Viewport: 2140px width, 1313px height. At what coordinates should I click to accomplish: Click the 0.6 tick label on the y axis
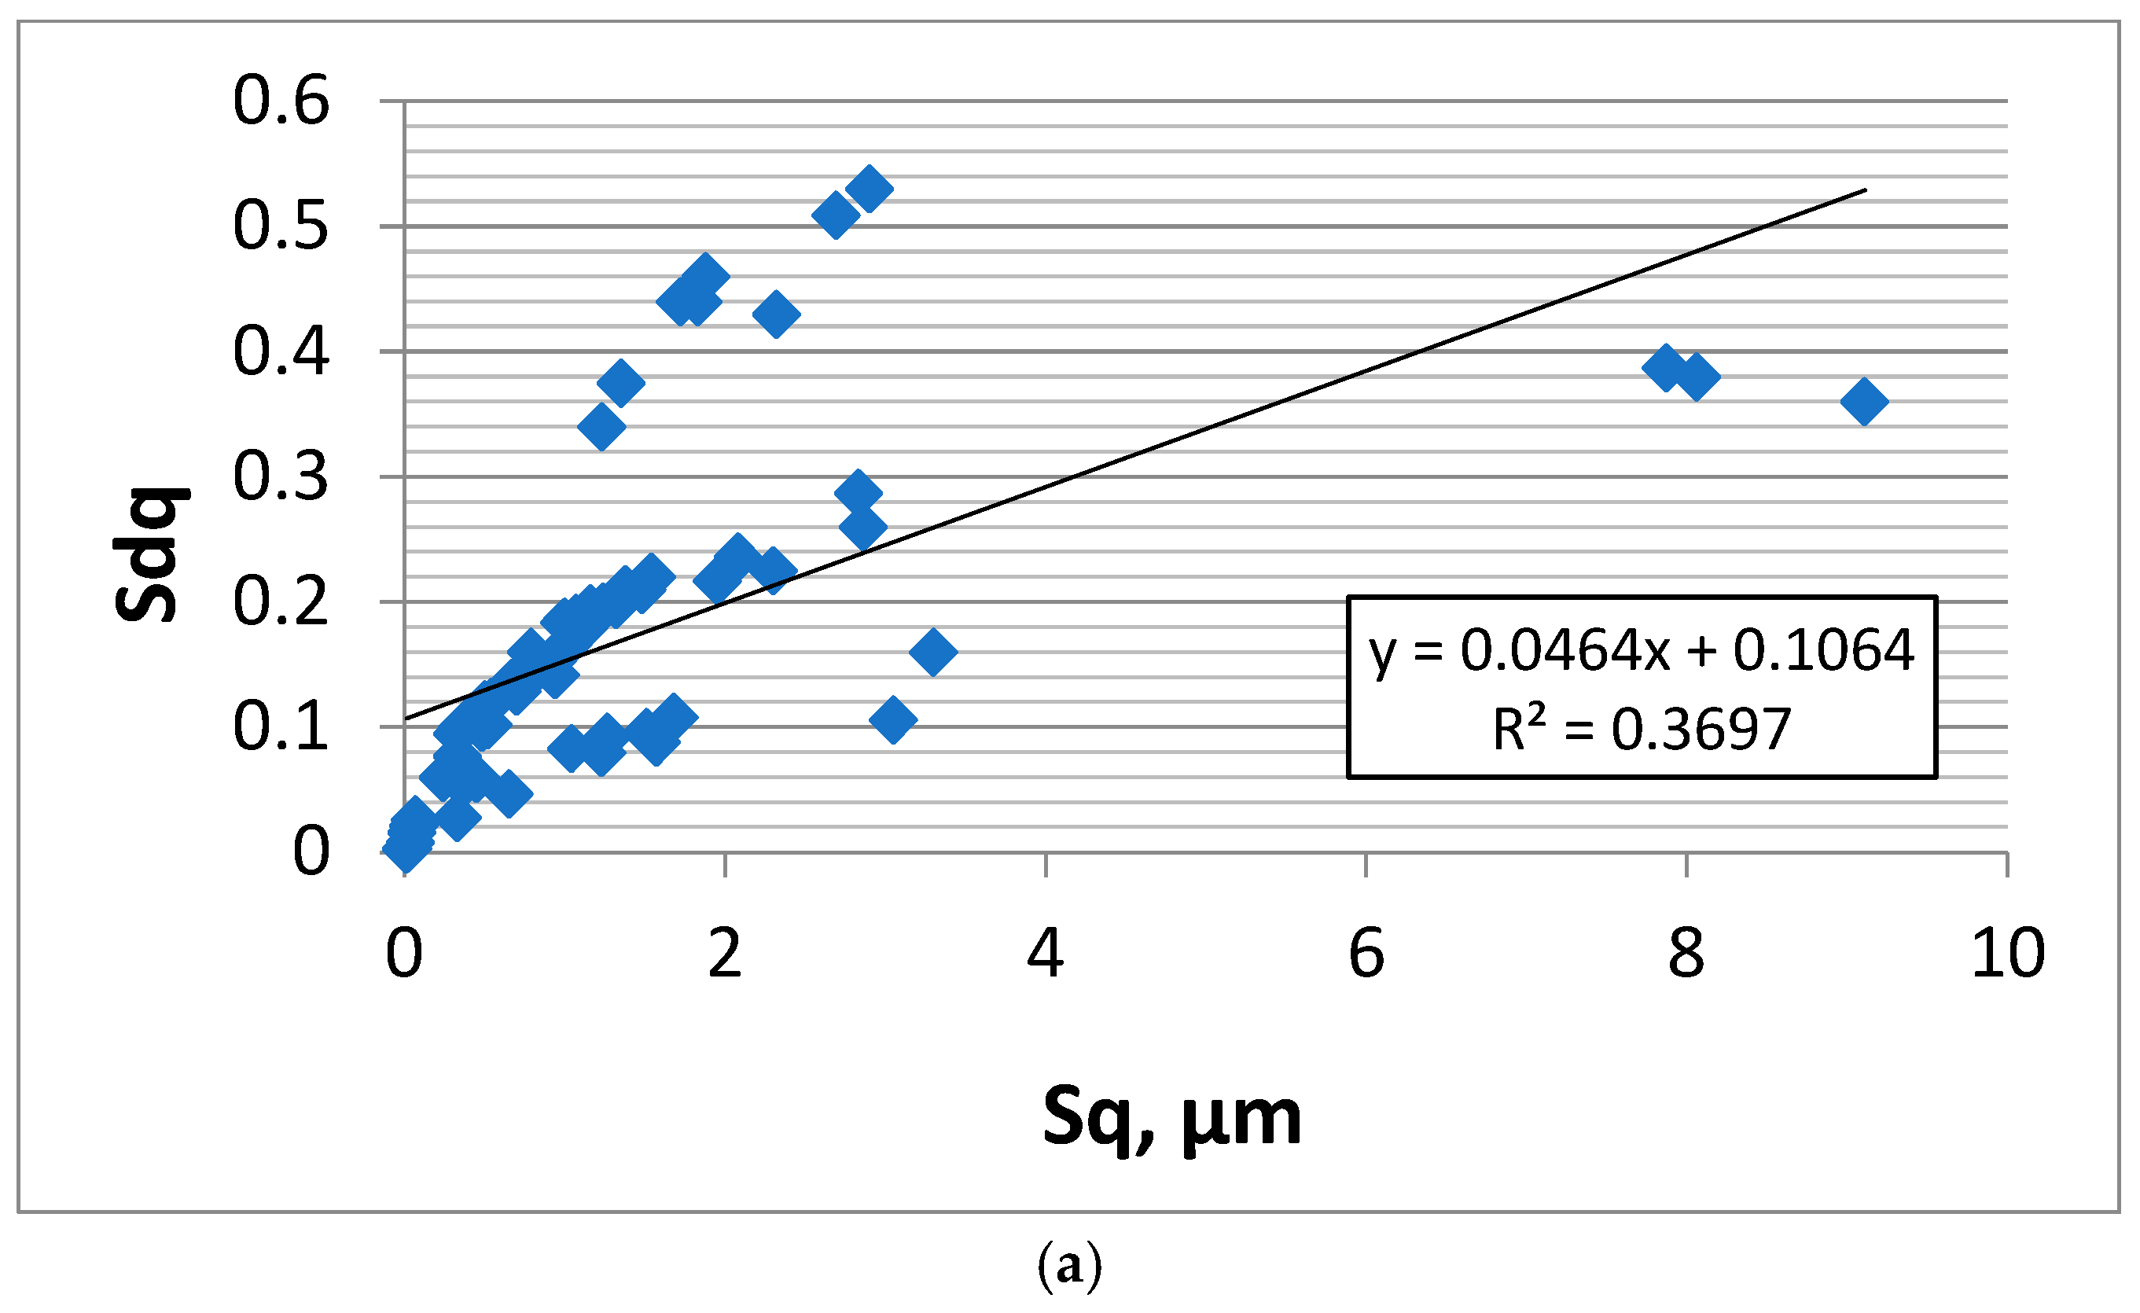(281, 101)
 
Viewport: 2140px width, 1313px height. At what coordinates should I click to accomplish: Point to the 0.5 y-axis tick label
(281, 226)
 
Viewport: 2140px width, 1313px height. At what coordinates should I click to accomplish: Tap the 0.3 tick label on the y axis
(281, 476)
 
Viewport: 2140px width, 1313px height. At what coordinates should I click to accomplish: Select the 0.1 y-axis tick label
(281, 726)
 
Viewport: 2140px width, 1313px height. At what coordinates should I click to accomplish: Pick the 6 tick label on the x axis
(1366, 954)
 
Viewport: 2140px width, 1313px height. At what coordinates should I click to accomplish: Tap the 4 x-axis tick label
(1046, 954)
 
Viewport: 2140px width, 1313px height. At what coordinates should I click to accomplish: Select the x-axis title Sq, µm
(1171, 1120)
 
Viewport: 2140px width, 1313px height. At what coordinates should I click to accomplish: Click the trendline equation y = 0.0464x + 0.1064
(1642, 649)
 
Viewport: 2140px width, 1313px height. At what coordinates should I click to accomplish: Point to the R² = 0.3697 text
(1642, 729)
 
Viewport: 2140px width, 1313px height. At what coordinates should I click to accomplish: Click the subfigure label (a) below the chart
(1069, 1267)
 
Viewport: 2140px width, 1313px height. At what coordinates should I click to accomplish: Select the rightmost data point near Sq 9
(1864, 402)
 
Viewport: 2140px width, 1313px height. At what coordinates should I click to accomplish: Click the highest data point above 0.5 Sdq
(870, 189)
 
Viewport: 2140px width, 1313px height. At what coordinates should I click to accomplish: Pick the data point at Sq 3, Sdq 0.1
(893, 720)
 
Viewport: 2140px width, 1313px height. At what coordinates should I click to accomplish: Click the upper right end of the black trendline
(1865, 190)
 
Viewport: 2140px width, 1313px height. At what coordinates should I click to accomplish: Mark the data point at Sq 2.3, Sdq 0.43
(777, 314)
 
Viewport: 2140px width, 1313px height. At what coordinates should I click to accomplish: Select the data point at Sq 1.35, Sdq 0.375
(621, 383)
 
